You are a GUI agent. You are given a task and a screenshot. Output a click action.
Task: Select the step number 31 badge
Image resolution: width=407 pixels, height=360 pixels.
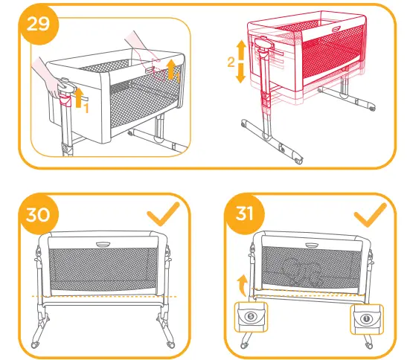tap(244, 214)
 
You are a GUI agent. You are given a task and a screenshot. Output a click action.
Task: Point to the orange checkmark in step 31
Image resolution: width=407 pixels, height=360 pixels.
tap(370, 216)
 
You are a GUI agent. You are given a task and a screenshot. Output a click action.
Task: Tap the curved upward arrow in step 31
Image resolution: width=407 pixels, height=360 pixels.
tap(240, 281)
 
